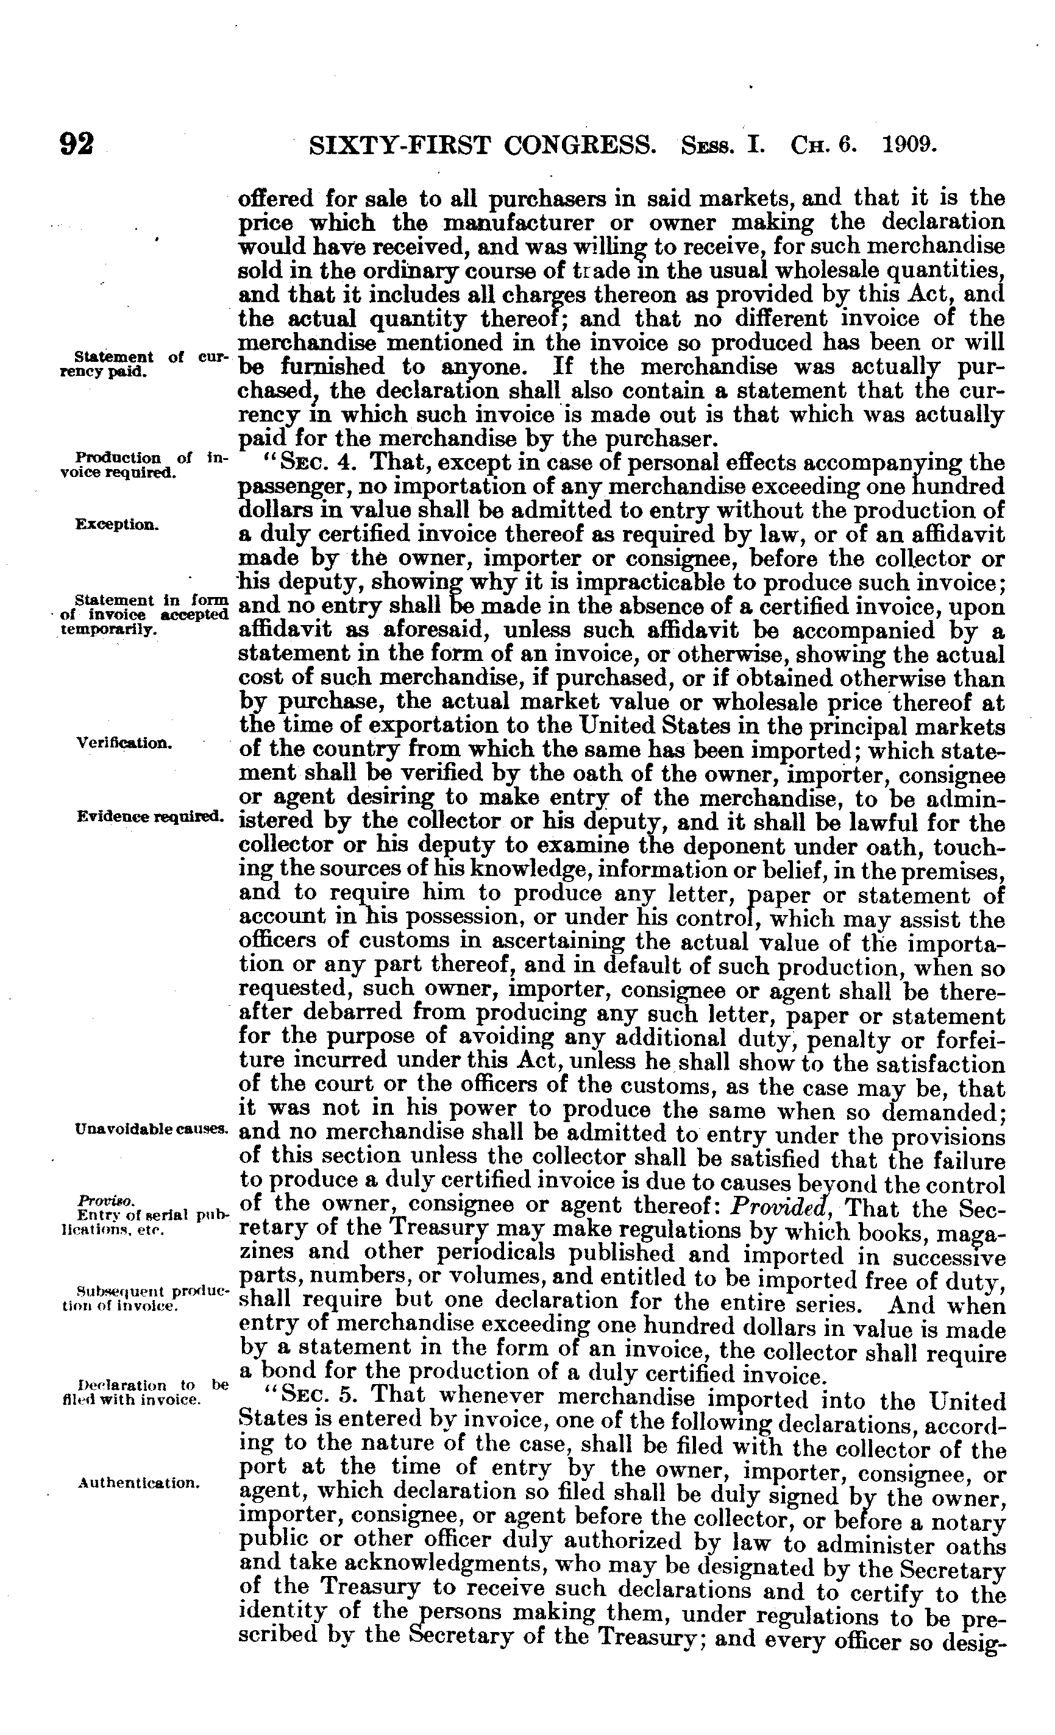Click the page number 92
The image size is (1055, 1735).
pos(77,144)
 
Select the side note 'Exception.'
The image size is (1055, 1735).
pos(117,525)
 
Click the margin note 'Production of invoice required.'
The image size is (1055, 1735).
pos(141,465)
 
